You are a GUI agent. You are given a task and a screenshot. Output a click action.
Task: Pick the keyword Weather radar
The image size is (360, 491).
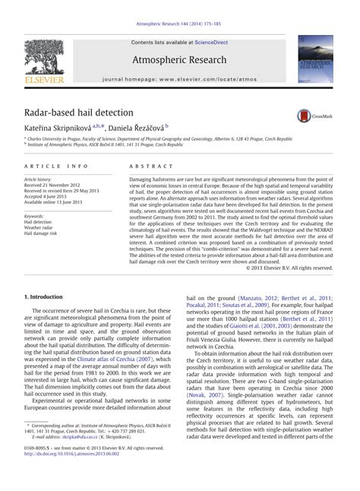41,227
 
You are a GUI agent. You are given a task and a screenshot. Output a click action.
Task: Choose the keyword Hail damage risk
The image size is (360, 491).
44,233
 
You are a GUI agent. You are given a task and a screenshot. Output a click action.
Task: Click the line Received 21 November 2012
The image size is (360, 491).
61,185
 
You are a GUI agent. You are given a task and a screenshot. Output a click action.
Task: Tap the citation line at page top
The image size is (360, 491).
179,26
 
